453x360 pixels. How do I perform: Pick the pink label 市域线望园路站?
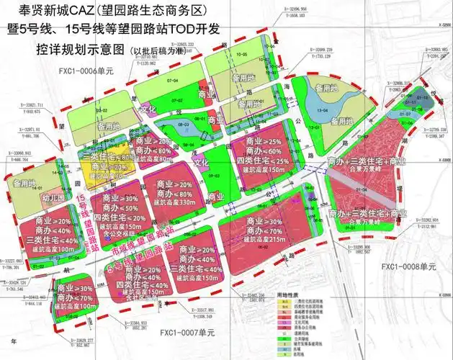point(143,243)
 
